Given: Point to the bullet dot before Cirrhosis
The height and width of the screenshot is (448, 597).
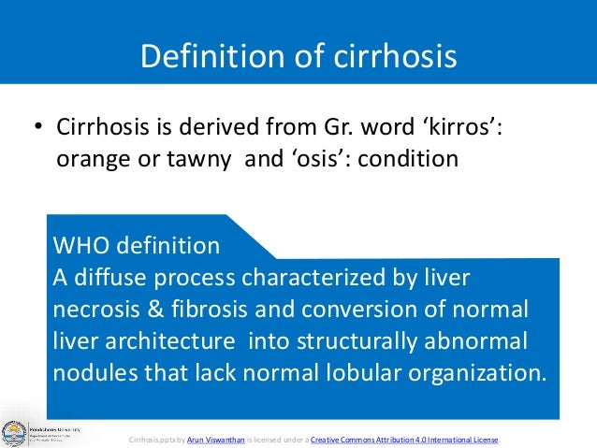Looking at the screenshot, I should coord(39,127).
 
